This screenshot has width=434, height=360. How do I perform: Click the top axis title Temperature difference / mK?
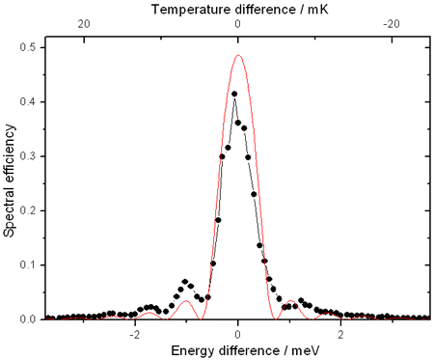[238, 8]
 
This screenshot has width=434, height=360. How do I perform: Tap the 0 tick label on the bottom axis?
[238, 333]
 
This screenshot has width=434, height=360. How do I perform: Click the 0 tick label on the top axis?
[238, 24]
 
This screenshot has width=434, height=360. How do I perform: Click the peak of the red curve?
[238, 55]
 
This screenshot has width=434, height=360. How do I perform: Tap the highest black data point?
[234, 94]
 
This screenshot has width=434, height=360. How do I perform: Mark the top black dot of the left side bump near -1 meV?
[184, 281]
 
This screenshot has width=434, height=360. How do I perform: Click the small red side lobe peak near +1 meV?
[290, 302]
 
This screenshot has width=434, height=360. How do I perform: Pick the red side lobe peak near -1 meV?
[185, 301]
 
